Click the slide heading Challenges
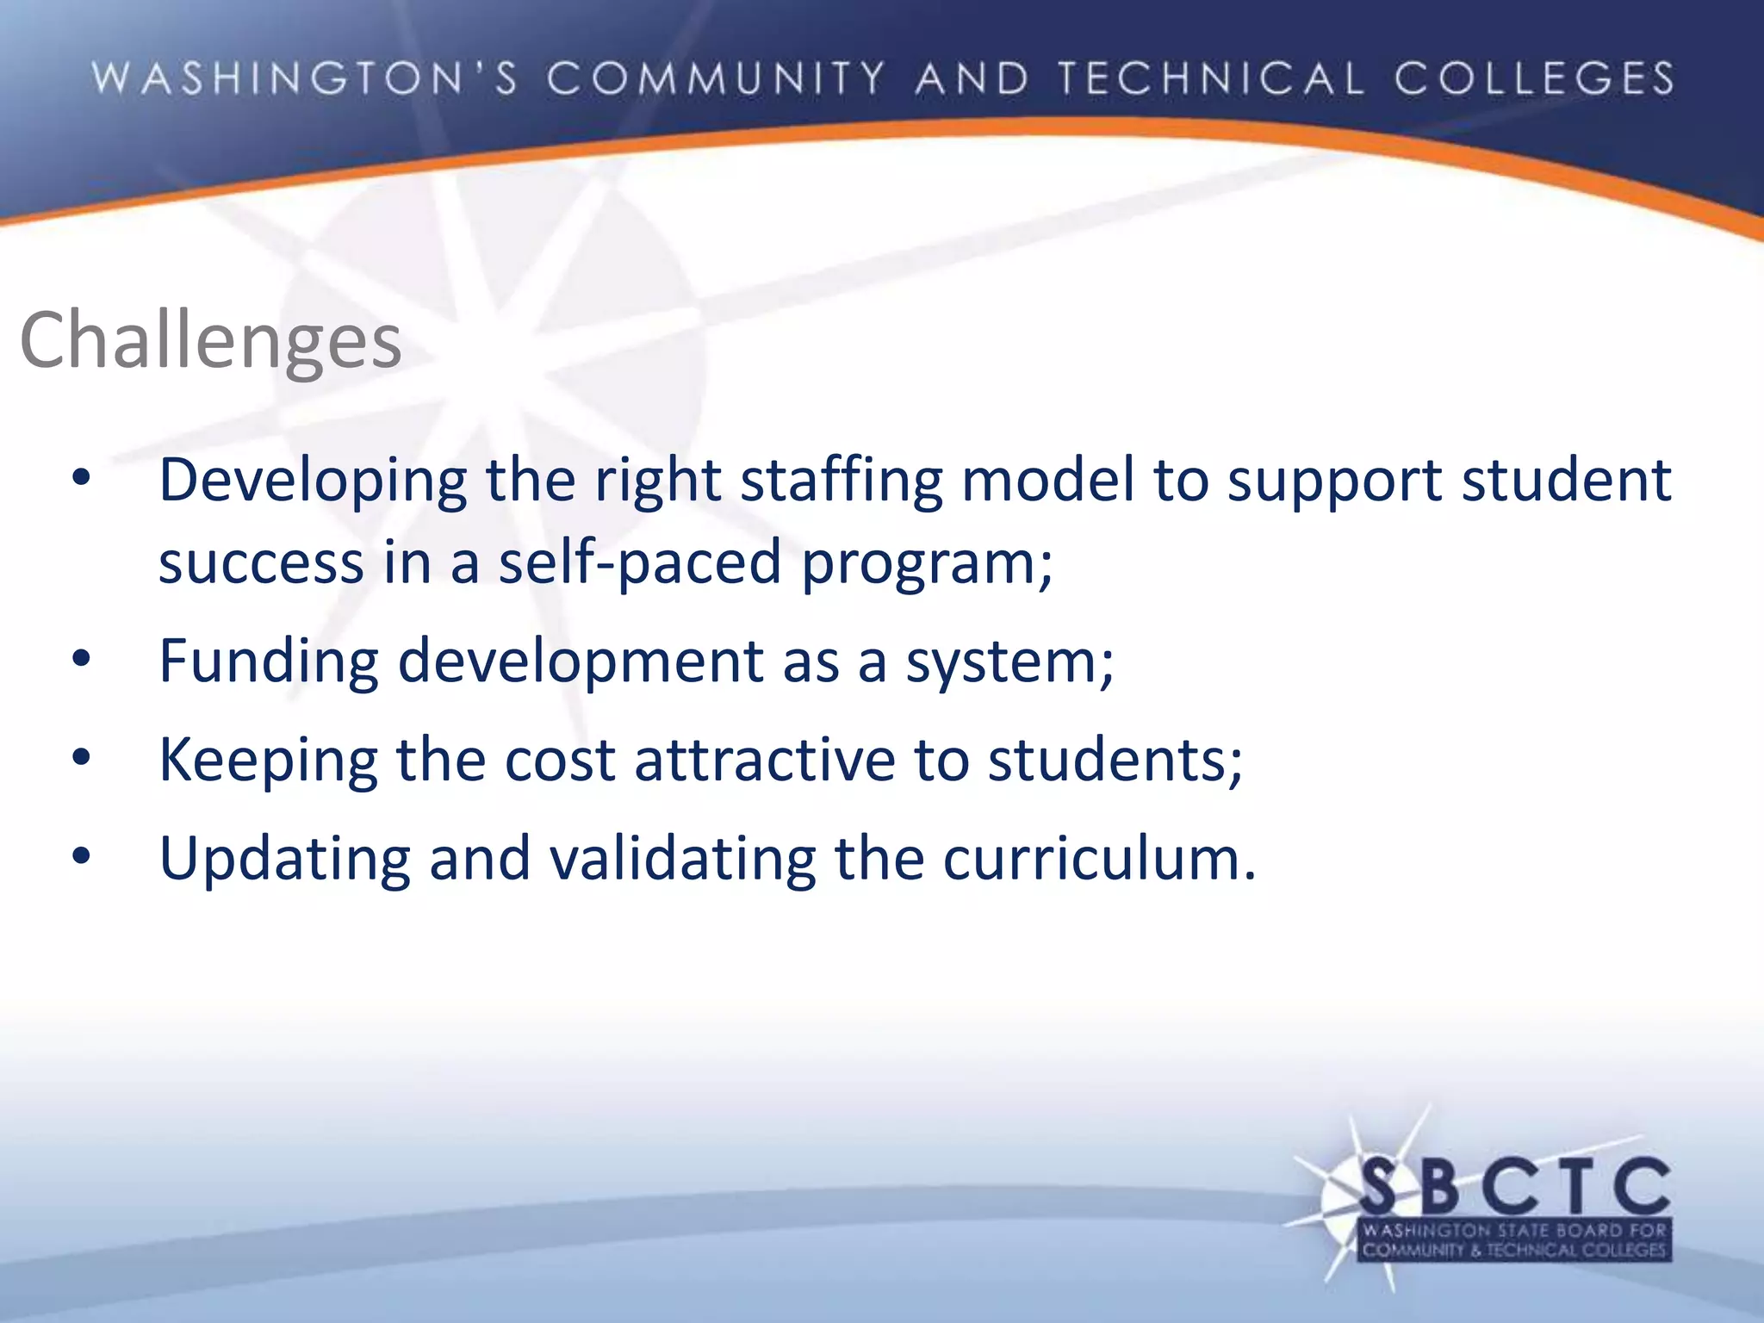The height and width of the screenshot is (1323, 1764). click(210, 341)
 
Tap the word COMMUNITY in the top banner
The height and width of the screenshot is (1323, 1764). click(716, 78)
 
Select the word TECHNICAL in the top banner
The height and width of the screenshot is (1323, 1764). click(1211, 78)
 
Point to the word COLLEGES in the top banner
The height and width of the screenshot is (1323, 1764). click(1534, 78)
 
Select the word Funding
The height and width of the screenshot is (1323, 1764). click(269, 661)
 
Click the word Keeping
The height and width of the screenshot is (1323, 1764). click(269, 761)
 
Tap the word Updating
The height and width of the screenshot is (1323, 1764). click(285, 860)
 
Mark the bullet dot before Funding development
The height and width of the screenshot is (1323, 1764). click(82, 661)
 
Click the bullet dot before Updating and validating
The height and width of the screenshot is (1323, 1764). click(82, 858)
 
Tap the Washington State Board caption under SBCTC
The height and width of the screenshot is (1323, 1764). click(1514, 1240)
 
